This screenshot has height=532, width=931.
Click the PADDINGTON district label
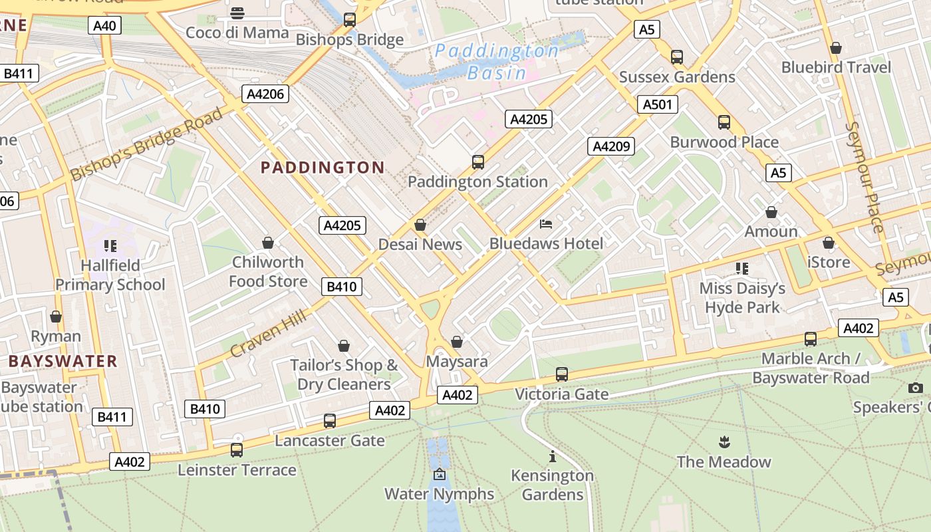(x=323, y=168)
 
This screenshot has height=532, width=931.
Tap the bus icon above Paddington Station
(x=477, y=162)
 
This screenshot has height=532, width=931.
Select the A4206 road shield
(x=265, y=94)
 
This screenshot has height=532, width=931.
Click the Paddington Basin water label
(x=497, y=61)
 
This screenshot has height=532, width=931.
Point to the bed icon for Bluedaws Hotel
(x=546, y=224)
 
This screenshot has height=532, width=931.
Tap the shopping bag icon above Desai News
(x=420, y=225)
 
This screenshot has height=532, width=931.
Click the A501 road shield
(x=658, y=104)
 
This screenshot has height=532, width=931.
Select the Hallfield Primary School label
(x=110, y=275)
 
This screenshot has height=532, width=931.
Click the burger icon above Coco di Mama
(x=237, y=13)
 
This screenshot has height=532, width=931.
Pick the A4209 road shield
(x=610, y=146)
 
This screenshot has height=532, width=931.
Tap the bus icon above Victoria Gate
(x=562, y=374)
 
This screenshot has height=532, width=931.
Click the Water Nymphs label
(x=439, y=494)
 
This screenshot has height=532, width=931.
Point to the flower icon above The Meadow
(x=724, y=442)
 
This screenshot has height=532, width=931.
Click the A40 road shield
(x=104, y=26)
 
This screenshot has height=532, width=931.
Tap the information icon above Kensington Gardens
(x=552, y=456)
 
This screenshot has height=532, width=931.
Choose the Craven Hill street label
(x=269, y=333)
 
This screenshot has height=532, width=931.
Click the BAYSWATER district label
(x=63, y=362)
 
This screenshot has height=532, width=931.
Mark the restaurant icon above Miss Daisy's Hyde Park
(x=742, y=269)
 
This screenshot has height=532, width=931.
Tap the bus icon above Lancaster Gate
(x=329, y=421)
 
